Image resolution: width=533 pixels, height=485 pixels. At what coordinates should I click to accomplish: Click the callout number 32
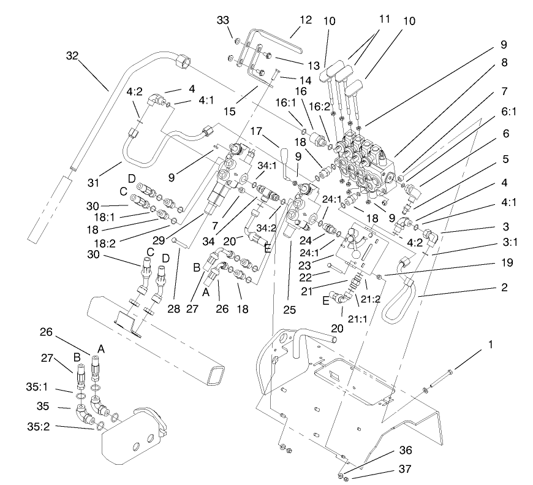73,56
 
